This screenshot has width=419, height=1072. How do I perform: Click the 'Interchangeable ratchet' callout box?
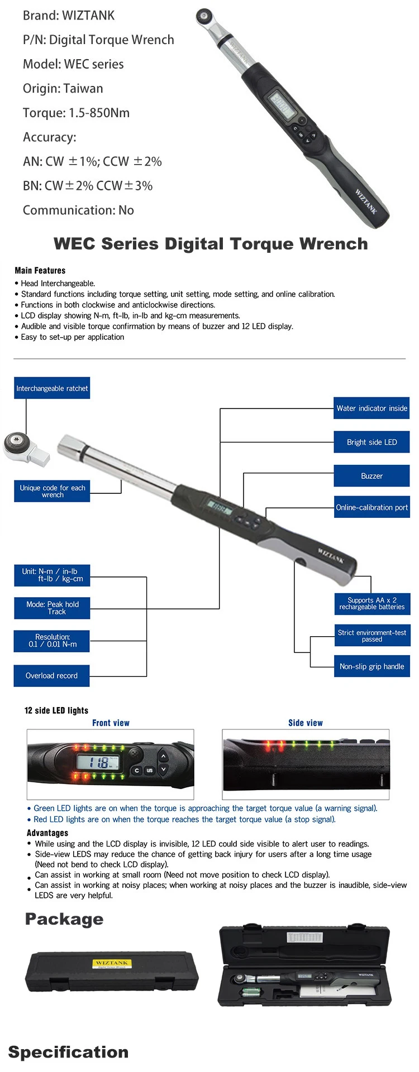(52, 388)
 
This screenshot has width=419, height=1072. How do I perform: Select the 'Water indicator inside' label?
(372, 408)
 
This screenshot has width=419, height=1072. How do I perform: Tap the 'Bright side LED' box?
(372, 443)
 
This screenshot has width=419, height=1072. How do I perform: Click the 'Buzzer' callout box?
(372, 476)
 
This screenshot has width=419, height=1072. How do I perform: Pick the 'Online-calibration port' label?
(372, 507)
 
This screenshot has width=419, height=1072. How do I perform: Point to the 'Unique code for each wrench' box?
(52, 491)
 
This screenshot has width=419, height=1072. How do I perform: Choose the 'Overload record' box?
(51, 676)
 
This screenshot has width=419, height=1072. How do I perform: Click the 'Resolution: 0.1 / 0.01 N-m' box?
(52, 641)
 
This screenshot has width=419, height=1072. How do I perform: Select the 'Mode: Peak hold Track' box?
(52, 608)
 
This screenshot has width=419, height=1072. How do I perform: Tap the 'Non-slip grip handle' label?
(372, 666)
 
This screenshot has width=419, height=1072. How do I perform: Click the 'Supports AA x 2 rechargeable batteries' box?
(372, 604)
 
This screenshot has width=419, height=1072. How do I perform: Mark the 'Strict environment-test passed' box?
(372, 636)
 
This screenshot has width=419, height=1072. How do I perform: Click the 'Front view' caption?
(111, 723)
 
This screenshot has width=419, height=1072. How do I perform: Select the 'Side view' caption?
(305, 723)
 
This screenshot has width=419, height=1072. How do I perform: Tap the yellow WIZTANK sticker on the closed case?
(112, 963)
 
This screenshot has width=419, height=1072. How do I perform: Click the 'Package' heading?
(64, 919)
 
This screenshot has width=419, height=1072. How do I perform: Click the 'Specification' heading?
(68, 1052)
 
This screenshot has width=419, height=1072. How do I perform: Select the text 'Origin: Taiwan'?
(63, 89)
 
